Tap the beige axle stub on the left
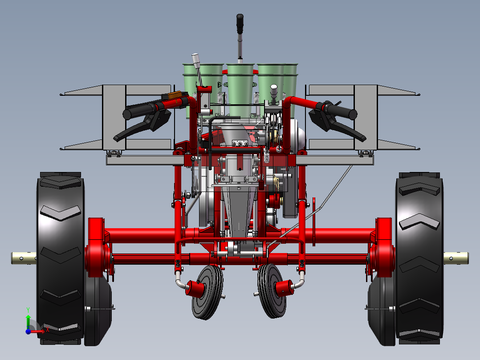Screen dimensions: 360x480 24,258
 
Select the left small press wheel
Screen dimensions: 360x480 207,292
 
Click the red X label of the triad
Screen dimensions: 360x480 47,330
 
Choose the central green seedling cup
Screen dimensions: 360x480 240,85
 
